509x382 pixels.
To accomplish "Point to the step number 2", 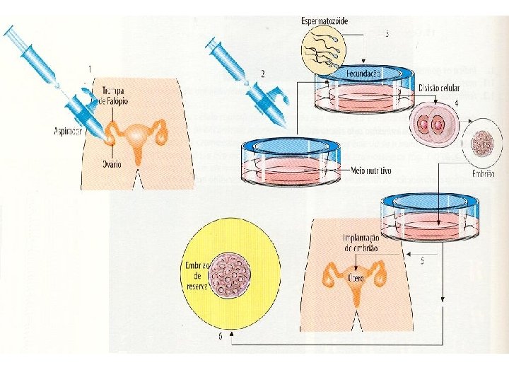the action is coord(262,73).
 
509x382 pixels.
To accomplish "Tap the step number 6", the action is coord(221,337).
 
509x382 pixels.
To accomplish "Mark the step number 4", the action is coord(457,103).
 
